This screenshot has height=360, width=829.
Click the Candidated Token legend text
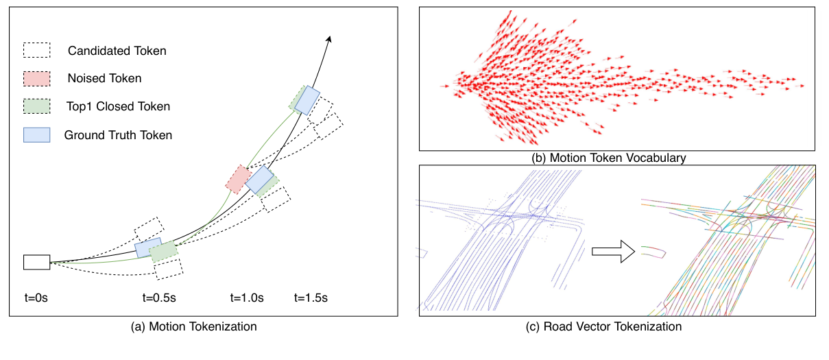coord(117,51)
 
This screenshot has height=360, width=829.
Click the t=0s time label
coord(37,298)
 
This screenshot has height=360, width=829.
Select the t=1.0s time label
coord(247,298)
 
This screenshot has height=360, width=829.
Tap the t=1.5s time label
coord(311,298)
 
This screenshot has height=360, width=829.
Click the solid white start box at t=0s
coord(36,262)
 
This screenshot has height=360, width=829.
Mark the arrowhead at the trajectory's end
coord(330,38)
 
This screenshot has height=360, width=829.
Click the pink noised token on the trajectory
coord(238,178)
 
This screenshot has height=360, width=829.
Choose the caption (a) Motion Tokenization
coord(193,327)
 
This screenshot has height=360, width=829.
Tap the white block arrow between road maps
coord(605,252)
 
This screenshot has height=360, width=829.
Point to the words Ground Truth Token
coord(118,135)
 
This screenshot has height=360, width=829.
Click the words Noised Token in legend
coord(104,78)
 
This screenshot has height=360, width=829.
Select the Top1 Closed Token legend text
coord(119,106)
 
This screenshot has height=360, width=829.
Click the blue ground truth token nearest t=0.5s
coord(148,248)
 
